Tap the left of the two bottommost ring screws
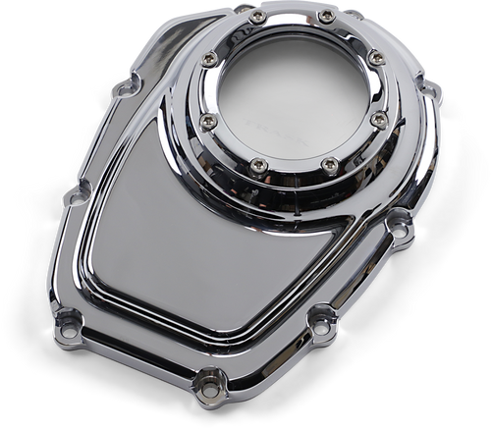click(x=256, y=164)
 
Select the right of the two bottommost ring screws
click(x=329, y=164)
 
